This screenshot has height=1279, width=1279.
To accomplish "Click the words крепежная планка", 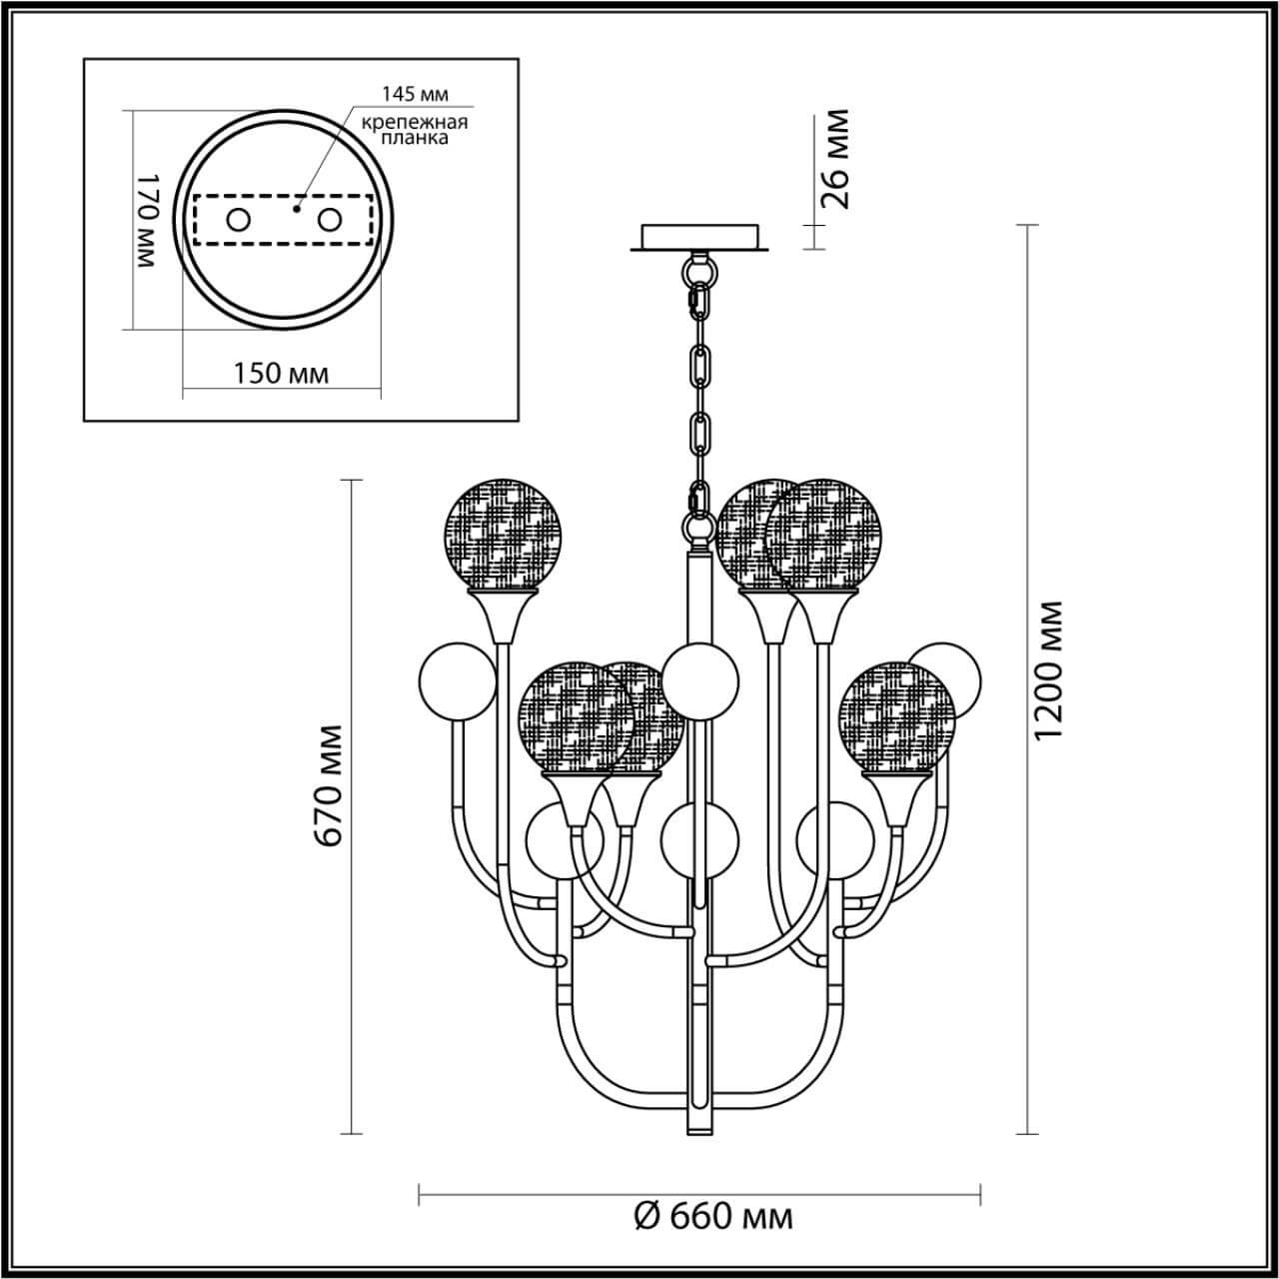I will (415, 130).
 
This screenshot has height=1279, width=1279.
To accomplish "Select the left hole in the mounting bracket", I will (238, 220).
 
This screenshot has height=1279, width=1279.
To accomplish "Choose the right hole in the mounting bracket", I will (330, 220).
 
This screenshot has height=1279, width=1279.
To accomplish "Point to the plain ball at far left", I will (456, 683).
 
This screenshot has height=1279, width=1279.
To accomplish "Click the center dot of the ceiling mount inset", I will (296, 210).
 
